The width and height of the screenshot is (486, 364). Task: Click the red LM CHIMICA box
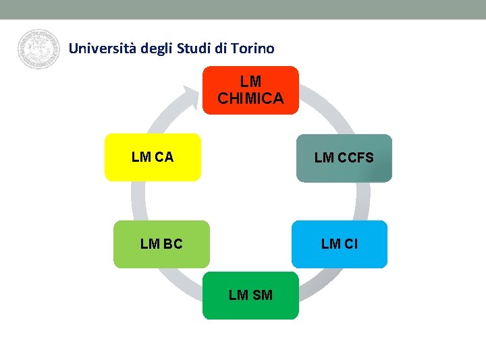(250, 90)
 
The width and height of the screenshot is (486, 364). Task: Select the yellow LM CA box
(153, 157)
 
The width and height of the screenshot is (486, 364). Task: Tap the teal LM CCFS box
(344, 158)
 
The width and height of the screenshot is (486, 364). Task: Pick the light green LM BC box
(161, 244)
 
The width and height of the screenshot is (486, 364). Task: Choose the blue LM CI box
(340, 244)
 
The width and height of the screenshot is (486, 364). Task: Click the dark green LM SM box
(250, 295)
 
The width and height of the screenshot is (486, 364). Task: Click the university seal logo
(38, 49)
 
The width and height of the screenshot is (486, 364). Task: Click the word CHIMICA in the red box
(250, 98)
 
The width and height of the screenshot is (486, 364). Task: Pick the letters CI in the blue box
(350, 244)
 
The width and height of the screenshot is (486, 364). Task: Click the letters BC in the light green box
(172, 244)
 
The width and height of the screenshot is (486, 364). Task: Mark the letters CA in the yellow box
(164, 157)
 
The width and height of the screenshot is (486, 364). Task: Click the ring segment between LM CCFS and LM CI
(363, 201)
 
